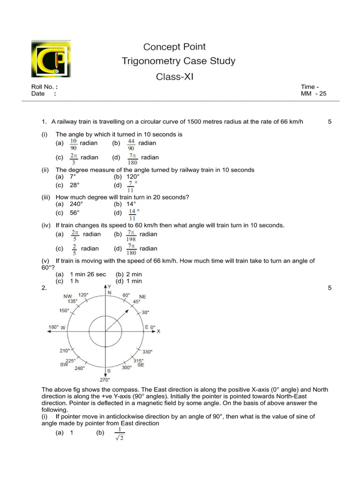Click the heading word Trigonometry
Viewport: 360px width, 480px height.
147,61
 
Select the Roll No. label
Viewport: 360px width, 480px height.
41,87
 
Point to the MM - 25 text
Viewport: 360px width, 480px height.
314,94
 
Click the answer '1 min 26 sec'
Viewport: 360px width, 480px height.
88,274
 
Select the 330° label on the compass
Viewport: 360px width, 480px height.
147,351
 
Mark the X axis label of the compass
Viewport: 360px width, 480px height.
158,331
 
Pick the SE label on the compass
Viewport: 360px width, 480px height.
141,365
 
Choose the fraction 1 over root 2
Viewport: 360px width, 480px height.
120,435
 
